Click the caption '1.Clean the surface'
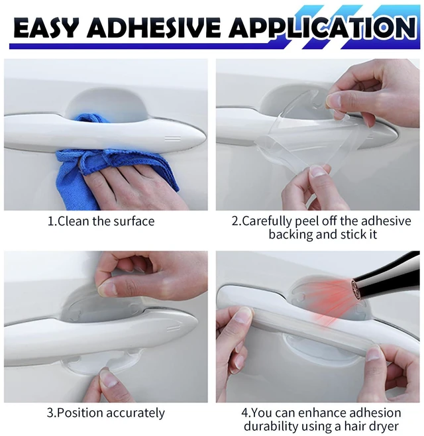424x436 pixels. point(101,221)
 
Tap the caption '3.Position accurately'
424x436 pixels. point(105,413)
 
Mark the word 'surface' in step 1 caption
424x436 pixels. point(134,221)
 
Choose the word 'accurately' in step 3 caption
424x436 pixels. point(135,413)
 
